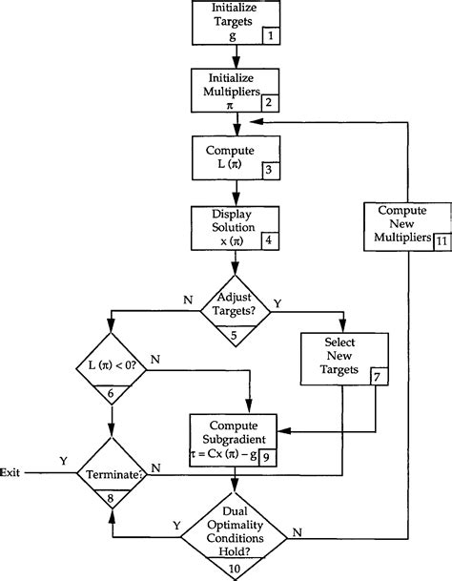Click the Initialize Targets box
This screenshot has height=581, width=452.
(234, 21)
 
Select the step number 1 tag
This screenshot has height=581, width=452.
(272, 35)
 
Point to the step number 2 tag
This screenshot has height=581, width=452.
(272, 101)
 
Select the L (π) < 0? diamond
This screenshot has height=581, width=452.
(111, 367)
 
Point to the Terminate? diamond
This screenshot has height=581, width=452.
(112, 471)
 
